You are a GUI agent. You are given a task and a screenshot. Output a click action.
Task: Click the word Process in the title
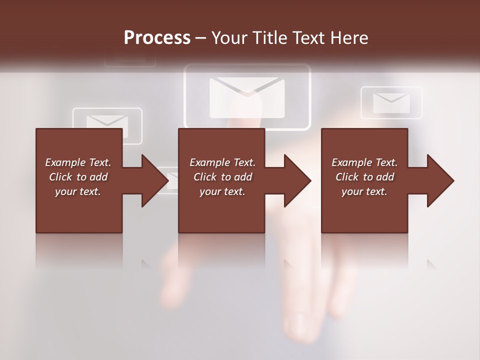pyautogui.click(x=157, y=38)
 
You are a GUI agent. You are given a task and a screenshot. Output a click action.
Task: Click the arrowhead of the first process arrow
pyautogui.click(x=155, y=180)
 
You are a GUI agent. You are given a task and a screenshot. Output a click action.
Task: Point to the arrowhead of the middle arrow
pyautogui.click(x=298, y=180)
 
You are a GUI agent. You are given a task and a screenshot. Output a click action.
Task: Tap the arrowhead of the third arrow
pyautogui.click(x=441, y=180)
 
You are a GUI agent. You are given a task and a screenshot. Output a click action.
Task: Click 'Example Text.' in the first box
pyautogui.click(x=78, y=162)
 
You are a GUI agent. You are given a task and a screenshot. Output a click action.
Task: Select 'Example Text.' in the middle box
pyautogui.click(x=222, y=162)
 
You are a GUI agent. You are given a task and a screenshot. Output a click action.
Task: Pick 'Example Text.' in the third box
pyautogui.click(x=364, y=162)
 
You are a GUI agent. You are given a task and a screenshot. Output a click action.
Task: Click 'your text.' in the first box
pyautogui.click(x=78, y=191)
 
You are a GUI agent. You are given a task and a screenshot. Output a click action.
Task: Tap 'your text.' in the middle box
pyautogui.click(x=222, y=191)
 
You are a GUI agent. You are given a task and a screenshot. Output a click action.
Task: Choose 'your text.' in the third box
pyautogui.click(x=364, y=191)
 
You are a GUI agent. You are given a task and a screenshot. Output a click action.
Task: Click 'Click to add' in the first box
pyautogui.click(x=78, y=177)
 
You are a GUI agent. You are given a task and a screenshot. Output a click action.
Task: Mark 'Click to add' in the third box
pyautogui.click(x=364, y=177)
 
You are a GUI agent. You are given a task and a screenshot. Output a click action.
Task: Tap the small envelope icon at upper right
pyautogui.click(x=391, y=103)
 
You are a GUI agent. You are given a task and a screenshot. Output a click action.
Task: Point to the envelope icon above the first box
pyautogui.click(x=107, y=122)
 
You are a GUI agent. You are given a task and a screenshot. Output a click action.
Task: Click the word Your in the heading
pyautogui.click(x=228, y=38)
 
